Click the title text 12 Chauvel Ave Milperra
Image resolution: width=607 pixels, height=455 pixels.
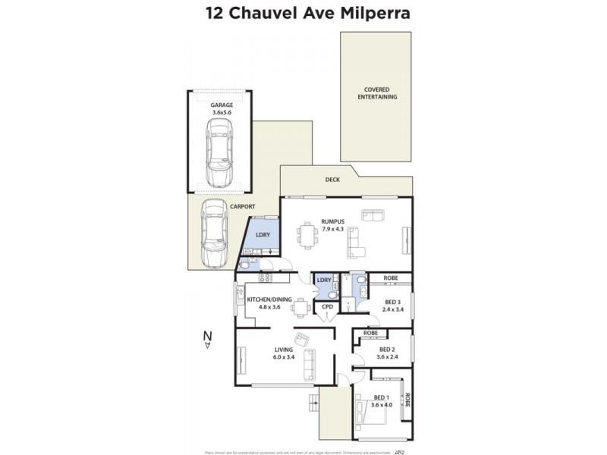click(303, 13)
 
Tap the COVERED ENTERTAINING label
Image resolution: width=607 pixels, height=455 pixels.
click(376, 93)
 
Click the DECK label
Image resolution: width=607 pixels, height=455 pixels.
click(332, 180)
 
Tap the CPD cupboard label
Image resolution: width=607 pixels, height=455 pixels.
click(328, 306)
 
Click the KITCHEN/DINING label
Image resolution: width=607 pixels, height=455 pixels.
click(269, 303)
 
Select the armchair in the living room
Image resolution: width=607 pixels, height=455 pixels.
click(301, 339)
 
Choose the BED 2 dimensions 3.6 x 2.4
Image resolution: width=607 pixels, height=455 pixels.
click(388, 357)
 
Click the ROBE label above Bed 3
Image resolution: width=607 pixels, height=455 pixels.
click(392, 278)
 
